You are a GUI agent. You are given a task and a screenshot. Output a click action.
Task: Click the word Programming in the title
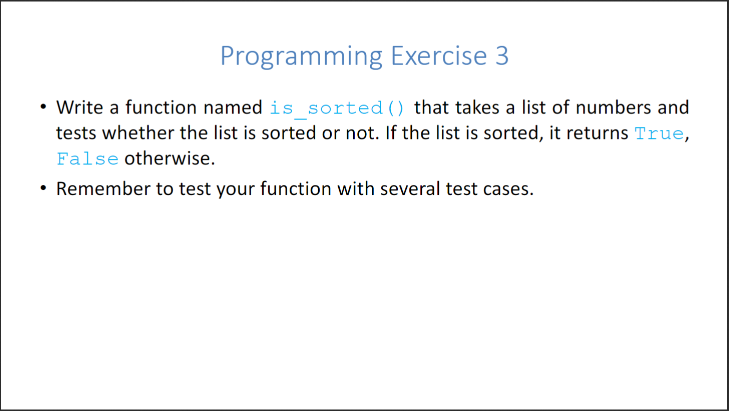[301, 56]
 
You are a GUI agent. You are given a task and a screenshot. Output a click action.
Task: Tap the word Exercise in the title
[439, 56]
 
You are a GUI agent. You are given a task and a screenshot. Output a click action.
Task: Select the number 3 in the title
[502, 56]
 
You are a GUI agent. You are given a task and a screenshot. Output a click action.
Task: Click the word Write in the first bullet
[80, 107]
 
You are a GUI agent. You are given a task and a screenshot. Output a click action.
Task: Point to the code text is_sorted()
[337, 108]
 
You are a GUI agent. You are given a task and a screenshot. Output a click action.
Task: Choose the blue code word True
[659, 133]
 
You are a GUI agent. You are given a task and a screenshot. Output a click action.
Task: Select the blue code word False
[88, 158]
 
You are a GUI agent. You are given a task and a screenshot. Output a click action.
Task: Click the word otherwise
[170, 158]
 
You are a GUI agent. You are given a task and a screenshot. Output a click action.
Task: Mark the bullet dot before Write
[44, 106]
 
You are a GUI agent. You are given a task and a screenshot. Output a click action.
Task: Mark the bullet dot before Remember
[44, 188]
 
